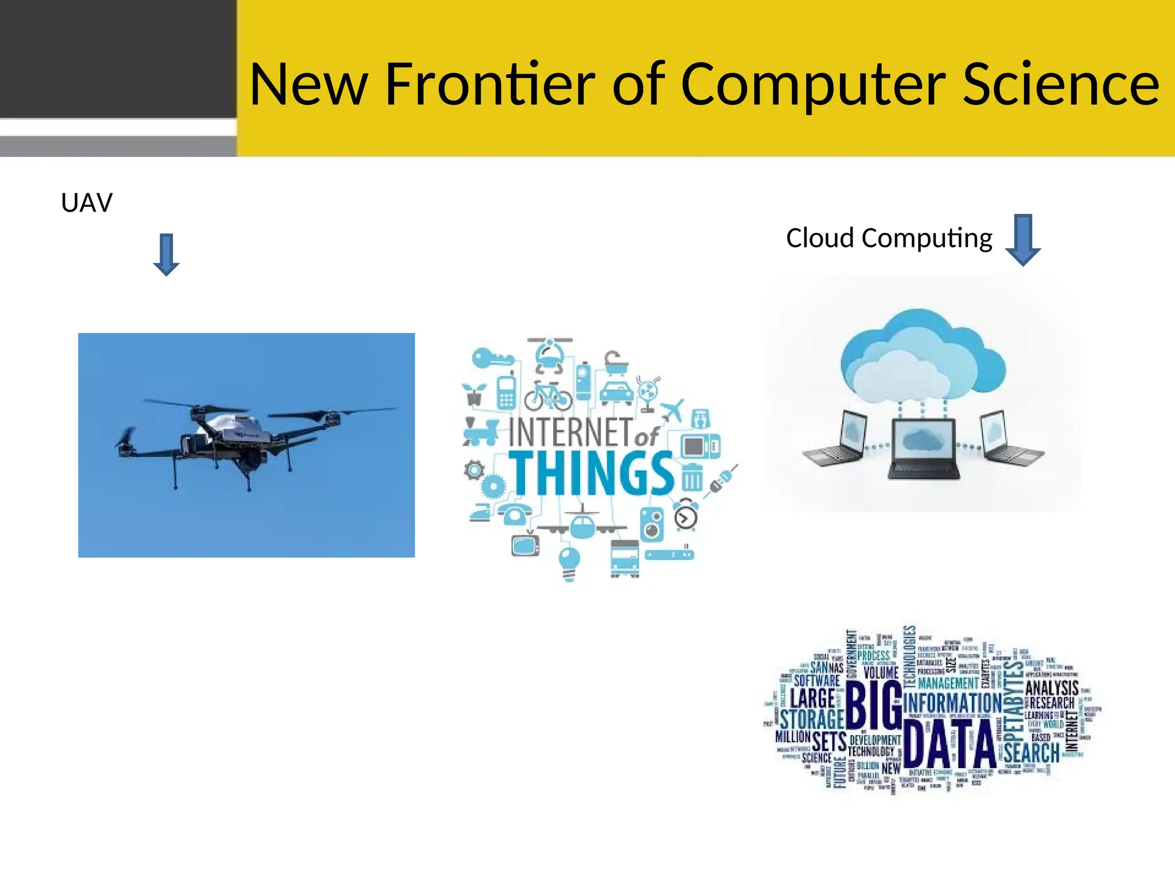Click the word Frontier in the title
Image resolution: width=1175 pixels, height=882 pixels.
pyautogui.click(x=491, y=84)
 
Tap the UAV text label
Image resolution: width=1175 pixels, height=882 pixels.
pyautogui.click(x=87, y=203)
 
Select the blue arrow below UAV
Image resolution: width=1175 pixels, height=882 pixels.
pyautogui.click(x=166, y=254)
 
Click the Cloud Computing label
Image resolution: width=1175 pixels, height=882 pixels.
pyautogui.click(x=889, y=238)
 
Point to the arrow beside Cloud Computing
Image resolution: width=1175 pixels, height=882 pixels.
pyautogui.click(x=1023, y=239)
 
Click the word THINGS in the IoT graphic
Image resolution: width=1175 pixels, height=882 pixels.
pyautogui.click(x=592, y=473)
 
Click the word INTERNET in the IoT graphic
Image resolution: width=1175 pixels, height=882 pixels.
pyautogui.click(x=570, y=432)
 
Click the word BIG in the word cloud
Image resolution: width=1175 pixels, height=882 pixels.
pyautogui.click(x=873, y=706)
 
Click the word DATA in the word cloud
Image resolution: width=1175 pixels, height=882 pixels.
pyautogui.click(x=949, y=744)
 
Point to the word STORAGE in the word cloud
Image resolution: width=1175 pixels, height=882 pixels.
pyautogui.click(x=811, y=719)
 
